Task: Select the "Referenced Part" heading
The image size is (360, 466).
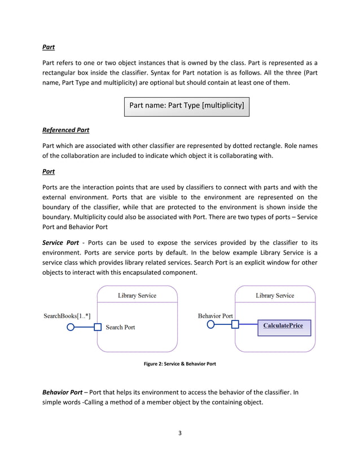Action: (65, 130)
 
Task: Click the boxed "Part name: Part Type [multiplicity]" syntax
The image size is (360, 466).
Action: (186, 105)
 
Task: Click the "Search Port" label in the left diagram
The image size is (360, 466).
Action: (120, 327)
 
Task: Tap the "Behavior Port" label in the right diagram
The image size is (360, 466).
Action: (215, 316)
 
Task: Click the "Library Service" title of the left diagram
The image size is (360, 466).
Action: (137, 295)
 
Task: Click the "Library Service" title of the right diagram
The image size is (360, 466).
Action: (275, 295)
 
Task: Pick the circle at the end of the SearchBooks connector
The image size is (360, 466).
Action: (71, 326)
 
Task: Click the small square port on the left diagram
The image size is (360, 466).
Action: (98, 327)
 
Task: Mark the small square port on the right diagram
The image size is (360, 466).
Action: (235, 324)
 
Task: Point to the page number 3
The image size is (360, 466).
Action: (179, 433)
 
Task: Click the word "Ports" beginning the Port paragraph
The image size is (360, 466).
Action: (52, 187)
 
